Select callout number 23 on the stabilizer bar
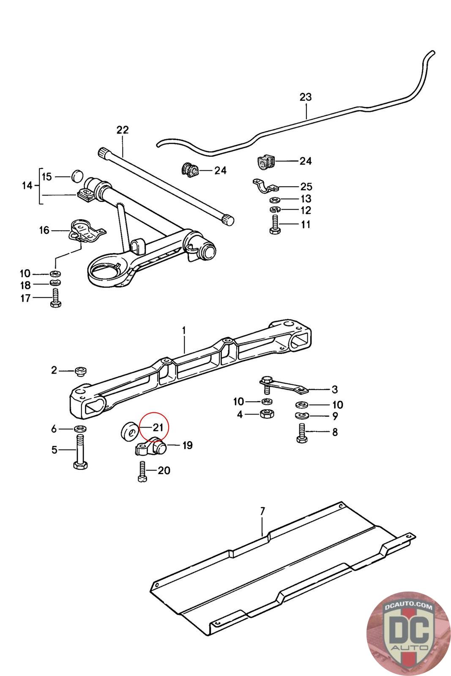point(305,97)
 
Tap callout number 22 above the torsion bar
point(122,130)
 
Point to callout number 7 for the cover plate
point(262,511)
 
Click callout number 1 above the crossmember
point(184,330)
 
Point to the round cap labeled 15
point(77,175)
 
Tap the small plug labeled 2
point(80,371)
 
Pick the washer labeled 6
point(80,428)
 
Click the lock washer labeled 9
point(302,416)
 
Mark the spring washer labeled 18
point(55,283)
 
